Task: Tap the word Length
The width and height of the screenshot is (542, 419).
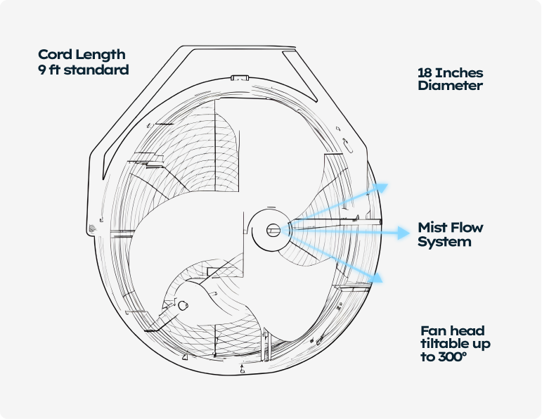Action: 101,56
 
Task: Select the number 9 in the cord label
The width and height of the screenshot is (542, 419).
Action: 41,70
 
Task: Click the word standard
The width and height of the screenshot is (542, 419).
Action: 96,70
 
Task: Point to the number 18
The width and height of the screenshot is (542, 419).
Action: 425,73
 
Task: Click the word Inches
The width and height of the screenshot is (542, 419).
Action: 459,73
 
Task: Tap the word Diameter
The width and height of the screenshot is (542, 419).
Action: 450,85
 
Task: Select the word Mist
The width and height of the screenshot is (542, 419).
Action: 432,228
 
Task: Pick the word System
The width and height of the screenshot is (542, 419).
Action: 444,242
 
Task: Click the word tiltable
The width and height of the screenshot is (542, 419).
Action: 440,344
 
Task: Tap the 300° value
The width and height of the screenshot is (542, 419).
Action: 453,356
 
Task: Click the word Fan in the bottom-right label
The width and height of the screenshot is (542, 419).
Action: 430,331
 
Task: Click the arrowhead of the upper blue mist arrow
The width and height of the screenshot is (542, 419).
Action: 382,188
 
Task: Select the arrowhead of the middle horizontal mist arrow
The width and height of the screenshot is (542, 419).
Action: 403,233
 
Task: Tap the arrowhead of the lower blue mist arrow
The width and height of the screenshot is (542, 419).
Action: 377,277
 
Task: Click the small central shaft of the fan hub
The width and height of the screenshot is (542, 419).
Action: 273,231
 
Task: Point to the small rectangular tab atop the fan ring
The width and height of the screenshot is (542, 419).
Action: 240,78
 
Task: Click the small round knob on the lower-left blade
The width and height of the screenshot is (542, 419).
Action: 183,306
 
